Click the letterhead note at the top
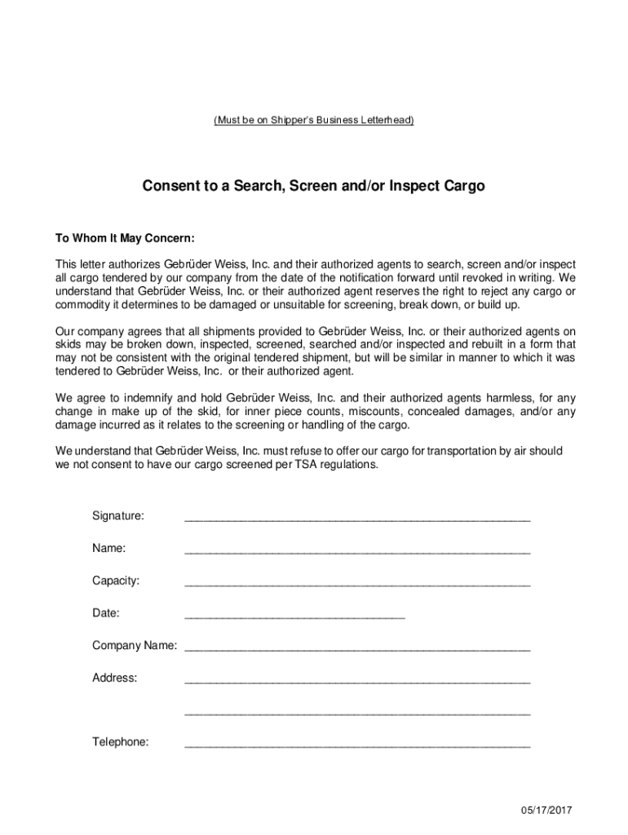point(314,121)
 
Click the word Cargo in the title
point(463,186)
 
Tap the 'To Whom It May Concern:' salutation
point(125,239)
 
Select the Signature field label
point(118,516)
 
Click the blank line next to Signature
point(357,519)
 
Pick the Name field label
point(108,549)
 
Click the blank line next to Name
point(357,551)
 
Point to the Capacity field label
point(115,581)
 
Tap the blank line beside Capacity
point(357,584)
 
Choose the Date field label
point(106,613)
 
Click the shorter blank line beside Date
point(294,616)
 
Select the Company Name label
point(134,646)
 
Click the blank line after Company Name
point(357,649)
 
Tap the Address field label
point(114,678)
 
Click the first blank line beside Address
point(357,681)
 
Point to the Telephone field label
point(120,742)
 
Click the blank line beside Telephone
point(357,745)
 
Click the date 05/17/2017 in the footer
point(548,810)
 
